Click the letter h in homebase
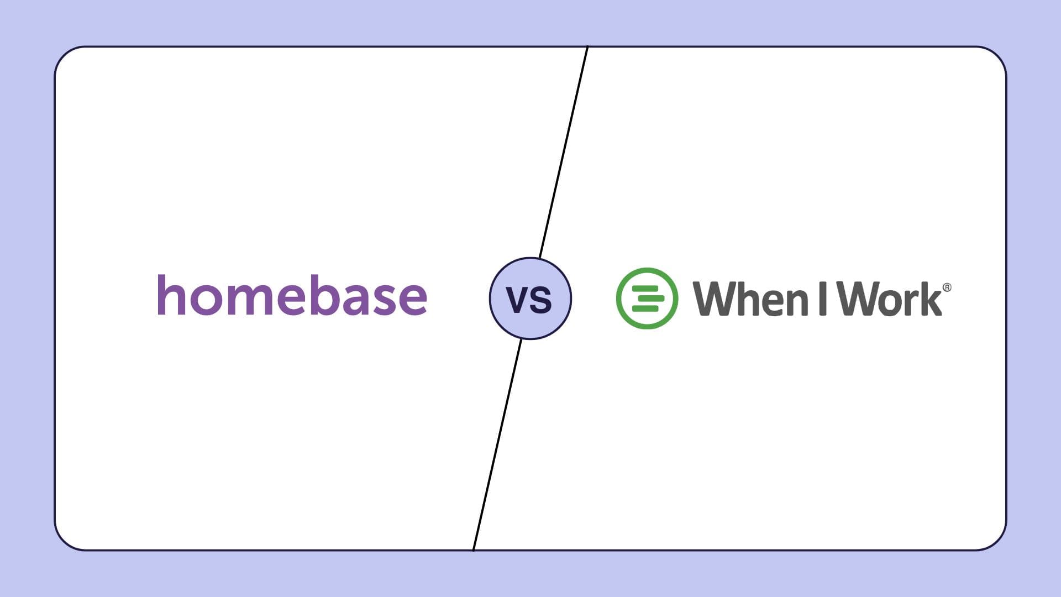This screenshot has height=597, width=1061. point(173,295)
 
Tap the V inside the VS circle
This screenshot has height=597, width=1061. point(518,300)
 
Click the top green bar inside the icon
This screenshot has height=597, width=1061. point(646,289)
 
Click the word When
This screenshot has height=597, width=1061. point(750,298)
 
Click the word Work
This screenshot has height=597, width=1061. point(889,298)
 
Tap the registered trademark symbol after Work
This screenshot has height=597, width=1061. point(947,287)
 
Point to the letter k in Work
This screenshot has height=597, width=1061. point(931,298)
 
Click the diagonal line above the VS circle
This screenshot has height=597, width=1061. point(564,152)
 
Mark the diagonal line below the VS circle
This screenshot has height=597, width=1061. point(497,444)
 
